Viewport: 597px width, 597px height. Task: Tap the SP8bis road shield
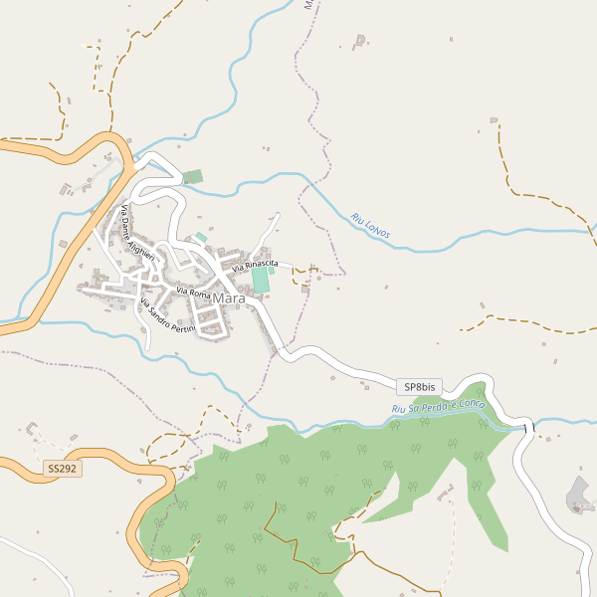(x=419, y=386)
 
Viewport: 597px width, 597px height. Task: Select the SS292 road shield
(x=62, y=467)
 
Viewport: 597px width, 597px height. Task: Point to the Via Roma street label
(x=194, y=292)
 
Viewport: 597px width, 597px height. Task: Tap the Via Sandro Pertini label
(x=168, y=316)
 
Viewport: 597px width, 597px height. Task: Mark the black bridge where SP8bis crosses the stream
(x=528, y=427)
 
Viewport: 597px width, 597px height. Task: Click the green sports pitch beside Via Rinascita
(x=261, y=281)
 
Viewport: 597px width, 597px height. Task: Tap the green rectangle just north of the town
(x=192, y=177)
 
